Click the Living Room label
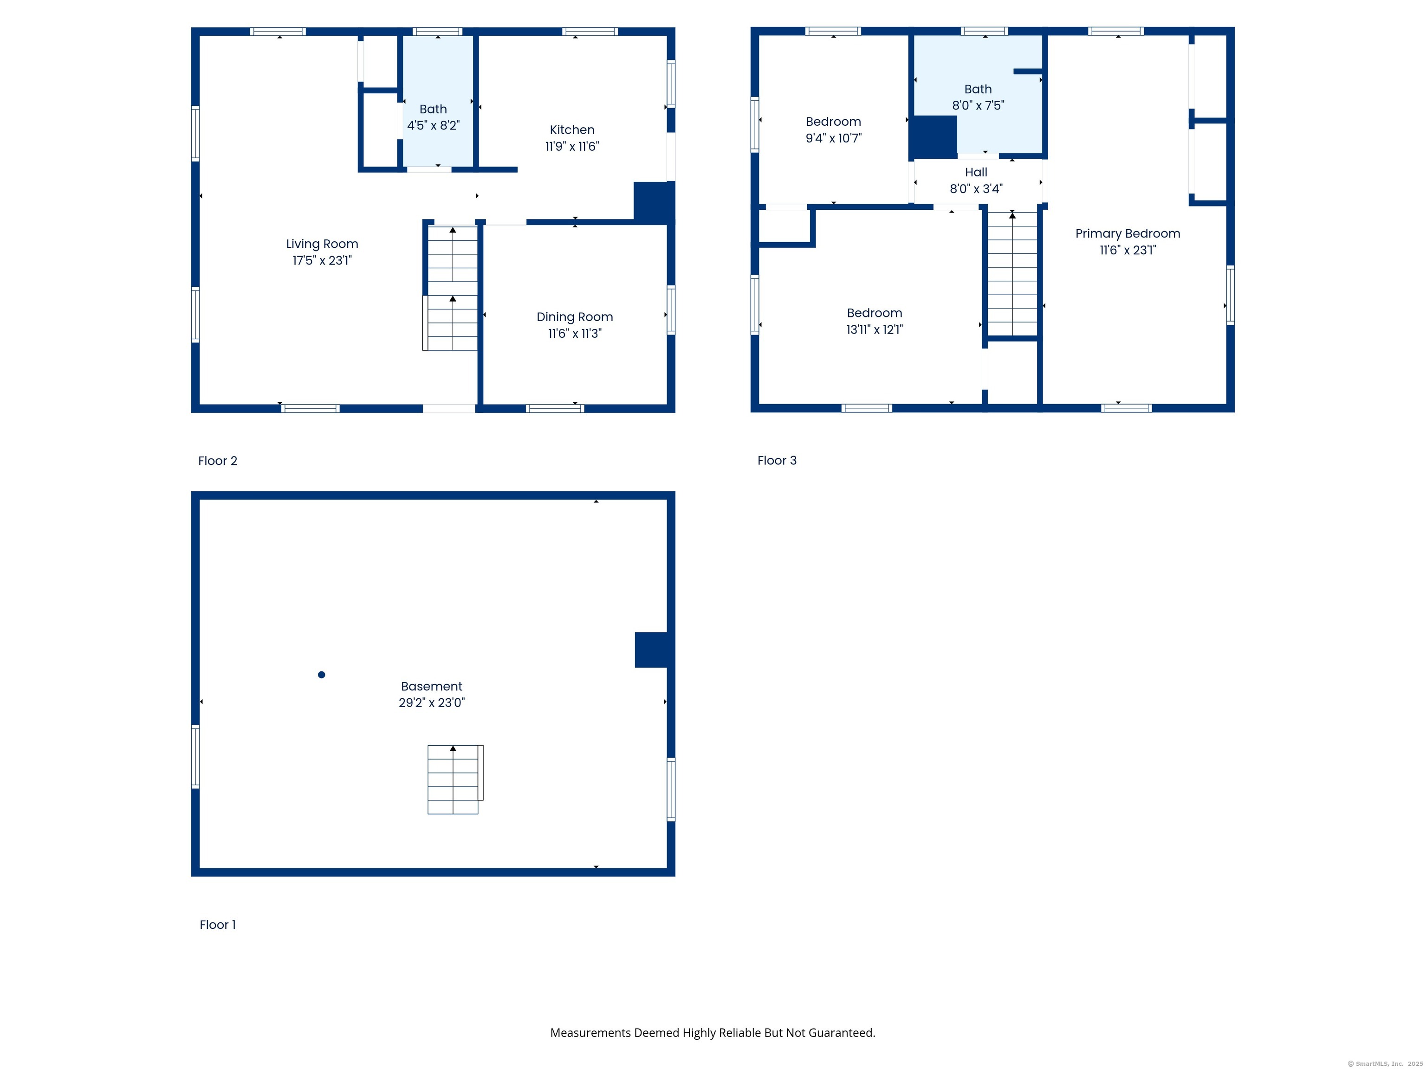point(322,244)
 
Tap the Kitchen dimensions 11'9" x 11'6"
point(572,146)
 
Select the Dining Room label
point(574,317)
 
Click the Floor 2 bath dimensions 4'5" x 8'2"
point(433,125)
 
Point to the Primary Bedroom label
point(1128,233)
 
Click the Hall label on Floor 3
point(976,172)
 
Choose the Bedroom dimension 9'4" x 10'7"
point(834,138)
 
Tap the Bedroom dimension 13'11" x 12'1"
point(874,329)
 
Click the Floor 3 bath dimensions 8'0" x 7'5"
point(978,105)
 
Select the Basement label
point(431,686)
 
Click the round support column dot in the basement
point(322,675)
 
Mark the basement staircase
point(455,779)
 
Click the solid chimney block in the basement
point(651,650)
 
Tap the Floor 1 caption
point(217,925)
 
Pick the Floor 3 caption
point(777,460)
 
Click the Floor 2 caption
point(217,461)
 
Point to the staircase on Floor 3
point(1012,273)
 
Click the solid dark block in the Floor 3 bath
point(933,136)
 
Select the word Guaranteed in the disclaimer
point(841,1033)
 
